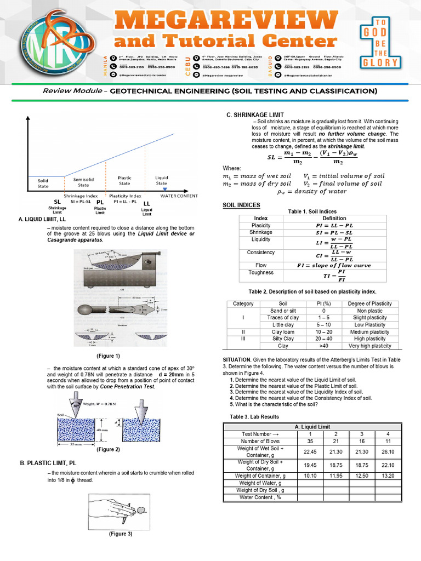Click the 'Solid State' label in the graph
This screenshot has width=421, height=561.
43,183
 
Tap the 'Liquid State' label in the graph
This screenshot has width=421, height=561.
162,180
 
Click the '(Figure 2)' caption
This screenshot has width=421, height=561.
108,449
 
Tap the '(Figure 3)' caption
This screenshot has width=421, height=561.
121,534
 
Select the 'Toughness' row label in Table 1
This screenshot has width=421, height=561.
261,272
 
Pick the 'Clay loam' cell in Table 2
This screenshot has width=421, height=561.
283,332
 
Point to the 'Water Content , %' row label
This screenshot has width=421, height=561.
260,497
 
